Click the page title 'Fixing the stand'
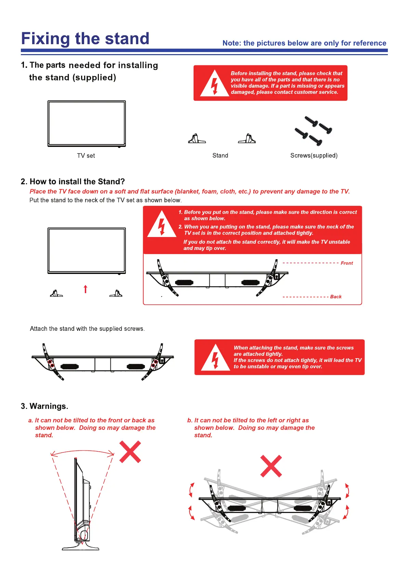point(85,39)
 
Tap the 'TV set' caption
point(86,156)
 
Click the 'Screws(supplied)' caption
point(314,155)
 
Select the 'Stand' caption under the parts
point(220,155)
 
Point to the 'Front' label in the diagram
point(346,263)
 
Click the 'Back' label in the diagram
point(336,297)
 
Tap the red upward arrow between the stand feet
point(86,289)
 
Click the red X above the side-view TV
point(130,452)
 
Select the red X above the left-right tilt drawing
point(271,466)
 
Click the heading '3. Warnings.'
point(44,406)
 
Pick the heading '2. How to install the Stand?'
point(73,181)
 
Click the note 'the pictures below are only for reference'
point(304,43)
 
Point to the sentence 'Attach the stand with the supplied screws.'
point(87,329)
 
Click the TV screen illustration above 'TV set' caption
point(87,124)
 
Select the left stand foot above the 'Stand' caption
point(197,139)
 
